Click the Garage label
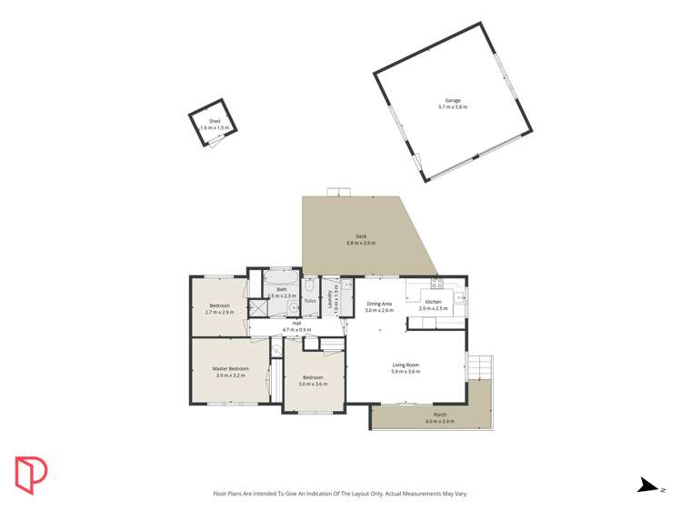(x=452, y=100)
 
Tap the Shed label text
(x=215, y=121)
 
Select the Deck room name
(x=361, y=236)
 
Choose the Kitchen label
(x=434, y=302)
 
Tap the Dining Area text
(x=379, y=304)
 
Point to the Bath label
(x=282, y=289)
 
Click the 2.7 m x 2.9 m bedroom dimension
(x=220, y=312)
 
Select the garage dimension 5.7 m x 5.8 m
(x=452, y=107)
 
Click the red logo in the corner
(x=31, y=473)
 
